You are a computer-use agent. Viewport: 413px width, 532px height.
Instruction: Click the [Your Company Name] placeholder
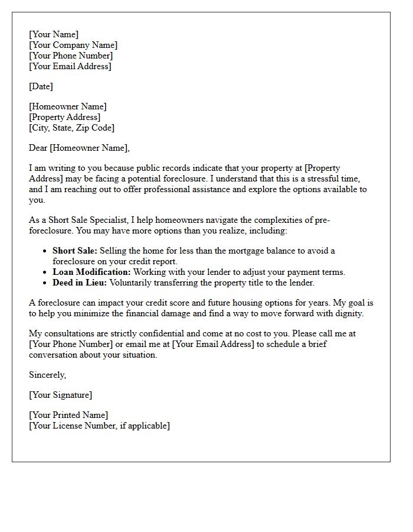tap(73, 46)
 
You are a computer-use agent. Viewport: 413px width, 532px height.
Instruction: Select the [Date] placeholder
tap(41, 86)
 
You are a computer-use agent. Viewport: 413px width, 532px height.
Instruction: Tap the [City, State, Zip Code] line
tap(71, 128)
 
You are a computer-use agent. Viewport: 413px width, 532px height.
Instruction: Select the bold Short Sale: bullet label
tap(75, 251)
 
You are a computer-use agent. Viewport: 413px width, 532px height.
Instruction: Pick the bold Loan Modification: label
tap(91, 272)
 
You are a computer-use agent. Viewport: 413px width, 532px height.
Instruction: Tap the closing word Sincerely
tap(47, 375)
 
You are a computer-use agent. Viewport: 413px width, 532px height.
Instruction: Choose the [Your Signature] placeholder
tap(60, 395)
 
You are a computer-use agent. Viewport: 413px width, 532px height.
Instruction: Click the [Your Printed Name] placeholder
tap(68, 415)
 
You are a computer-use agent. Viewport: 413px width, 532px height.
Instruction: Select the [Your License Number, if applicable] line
tap(99, 426)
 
